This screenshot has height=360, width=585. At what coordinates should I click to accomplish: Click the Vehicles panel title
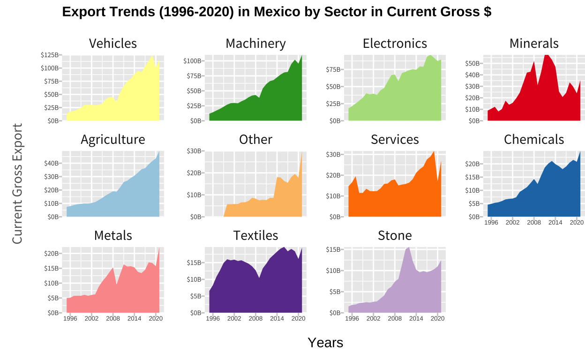112,44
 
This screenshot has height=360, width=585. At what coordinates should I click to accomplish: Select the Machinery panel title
255,44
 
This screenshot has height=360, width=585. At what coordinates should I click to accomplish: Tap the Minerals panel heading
534,44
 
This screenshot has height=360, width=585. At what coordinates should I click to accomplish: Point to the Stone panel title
395,235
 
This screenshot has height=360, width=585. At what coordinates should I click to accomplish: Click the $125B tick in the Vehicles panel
50,55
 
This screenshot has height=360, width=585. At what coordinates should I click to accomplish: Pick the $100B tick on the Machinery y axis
193,61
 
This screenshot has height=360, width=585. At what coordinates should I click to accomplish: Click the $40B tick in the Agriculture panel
52,163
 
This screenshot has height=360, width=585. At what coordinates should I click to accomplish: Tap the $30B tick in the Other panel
194,151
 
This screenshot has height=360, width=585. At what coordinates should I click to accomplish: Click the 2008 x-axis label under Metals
113,319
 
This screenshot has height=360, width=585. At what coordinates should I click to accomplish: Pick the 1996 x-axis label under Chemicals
491,223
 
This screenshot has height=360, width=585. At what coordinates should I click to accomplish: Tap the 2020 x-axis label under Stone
437,319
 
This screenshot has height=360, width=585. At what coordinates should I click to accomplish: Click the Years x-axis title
325,343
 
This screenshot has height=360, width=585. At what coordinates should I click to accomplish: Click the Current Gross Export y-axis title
17,184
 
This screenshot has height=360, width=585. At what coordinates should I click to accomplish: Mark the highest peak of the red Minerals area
547,55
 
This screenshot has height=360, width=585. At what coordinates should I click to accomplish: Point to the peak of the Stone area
409,247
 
